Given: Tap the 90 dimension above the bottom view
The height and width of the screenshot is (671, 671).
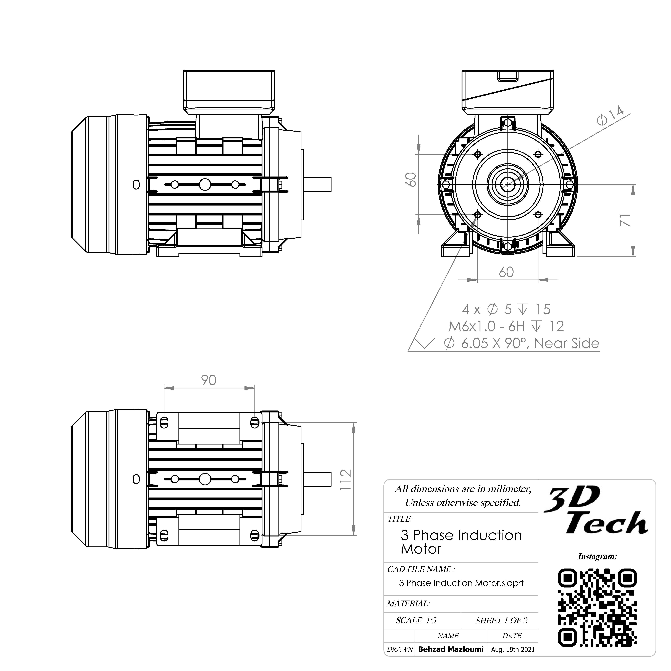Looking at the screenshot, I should click(209, 380).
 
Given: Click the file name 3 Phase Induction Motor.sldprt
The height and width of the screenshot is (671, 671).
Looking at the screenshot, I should click(461, 583).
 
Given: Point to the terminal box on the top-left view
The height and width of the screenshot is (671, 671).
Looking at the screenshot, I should click(229, 92).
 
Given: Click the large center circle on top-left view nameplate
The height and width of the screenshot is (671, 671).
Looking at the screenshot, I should click(205, 184).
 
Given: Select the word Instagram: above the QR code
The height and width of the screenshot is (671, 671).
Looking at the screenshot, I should click(597, 556).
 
